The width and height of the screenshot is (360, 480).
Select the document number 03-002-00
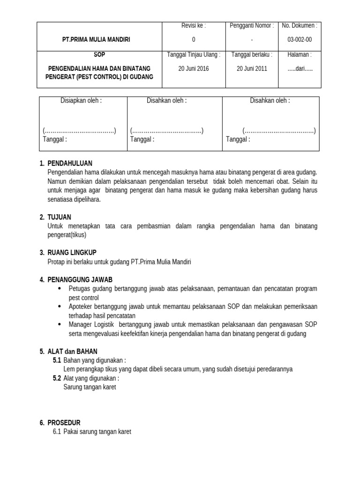pos(300,40)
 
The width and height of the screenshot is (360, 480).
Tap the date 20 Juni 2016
pos(194,68)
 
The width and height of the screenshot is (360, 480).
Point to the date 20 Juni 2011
pos(252,68)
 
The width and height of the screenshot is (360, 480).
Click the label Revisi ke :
pos(194,26)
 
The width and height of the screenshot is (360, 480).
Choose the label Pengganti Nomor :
pos(252,26)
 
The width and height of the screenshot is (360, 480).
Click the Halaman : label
pos(300,54)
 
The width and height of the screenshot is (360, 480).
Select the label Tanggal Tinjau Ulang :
pos(194,54)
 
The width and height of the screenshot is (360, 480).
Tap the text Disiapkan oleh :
pos(81,101)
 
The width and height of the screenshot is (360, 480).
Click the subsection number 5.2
pos(57,378)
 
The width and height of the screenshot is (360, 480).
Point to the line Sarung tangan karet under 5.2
pos(89,387)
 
